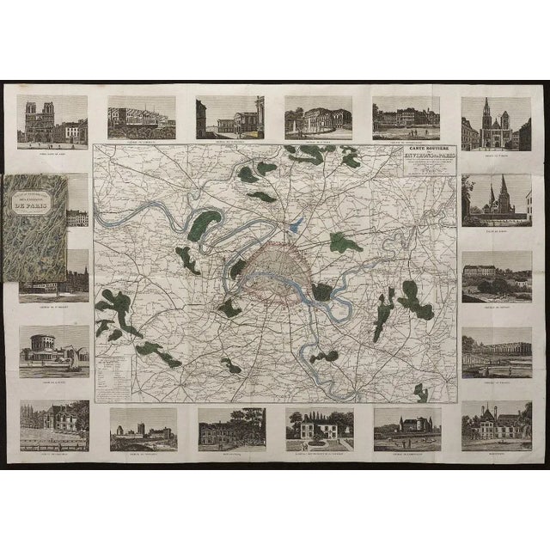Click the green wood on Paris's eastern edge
[322, 292]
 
